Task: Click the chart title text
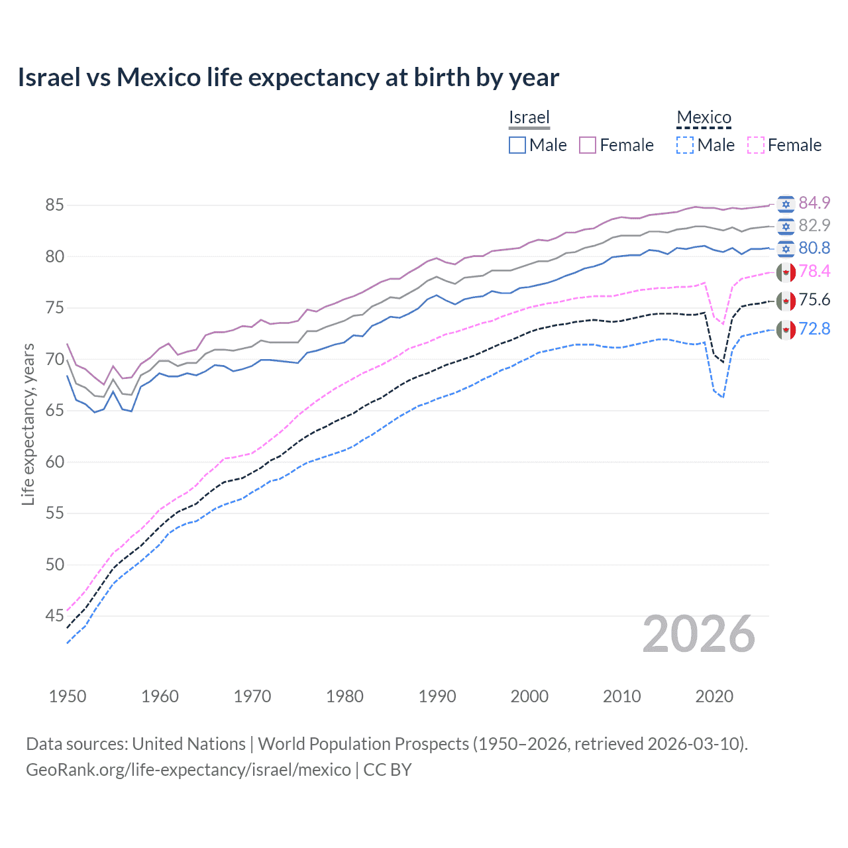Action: [x=288, y=78]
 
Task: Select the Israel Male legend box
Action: [x=517, y=145]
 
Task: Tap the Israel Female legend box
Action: [x=588, y=145]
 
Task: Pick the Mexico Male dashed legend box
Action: [x=685, y=145]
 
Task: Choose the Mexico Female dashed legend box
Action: [x=756, y=145]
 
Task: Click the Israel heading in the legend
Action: [x=529, y=117]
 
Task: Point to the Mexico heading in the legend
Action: [x=704, y=117]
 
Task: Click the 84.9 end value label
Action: [x=814, y=203]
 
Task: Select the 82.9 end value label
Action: [x=814, y=225]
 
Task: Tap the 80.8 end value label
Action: [x=814, y=248]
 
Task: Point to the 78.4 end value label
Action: [x=814, y=271]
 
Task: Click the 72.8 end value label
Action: [x=814, y=329]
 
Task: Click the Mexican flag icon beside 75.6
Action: [x=786, y=301]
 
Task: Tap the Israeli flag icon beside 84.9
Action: [x=786, y=203]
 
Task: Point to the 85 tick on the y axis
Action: [x=54, y=205]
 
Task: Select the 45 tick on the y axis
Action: [x=54, y=616]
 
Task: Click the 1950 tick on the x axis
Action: [x=68, y=696]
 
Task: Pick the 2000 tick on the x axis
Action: [x=529, y=696]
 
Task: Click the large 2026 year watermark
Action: [x=699, y=634]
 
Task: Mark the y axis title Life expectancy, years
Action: [x=28, y=424]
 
